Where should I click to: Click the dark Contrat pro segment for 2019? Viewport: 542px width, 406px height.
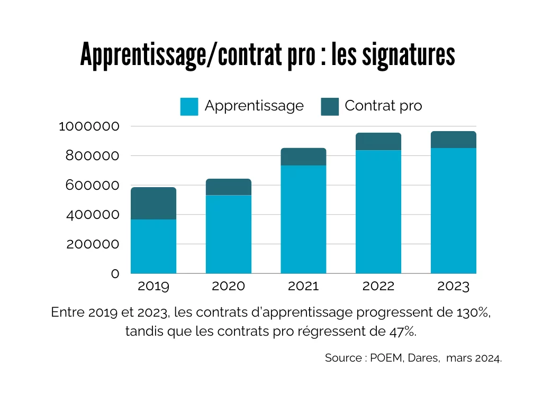153,204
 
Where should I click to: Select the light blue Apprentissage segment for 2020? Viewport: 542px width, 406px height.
229,234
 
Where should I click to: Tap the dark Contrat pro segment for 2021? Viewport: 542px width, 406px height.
303,157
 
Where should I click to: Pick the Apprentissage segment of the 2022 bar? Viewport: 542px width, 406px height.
378,211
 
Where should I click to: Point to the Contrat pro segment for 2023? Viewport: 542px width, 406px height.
454,140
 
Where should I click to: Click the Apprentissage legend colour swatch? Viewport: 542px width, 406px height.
189,106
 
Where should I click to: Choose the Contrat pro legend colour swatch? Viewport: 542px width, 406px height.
330,106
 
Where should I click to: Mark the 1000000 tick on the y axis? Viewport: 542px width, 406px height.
89,126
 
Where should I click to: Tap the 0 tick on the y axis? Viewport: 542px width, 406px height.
115,274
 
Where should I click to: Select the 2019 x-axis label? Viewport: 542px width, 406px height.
153,287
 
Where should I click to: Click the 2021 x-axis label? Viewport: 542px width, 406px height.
303,287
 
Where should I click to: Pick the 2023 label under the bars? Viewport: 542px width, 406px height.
454,287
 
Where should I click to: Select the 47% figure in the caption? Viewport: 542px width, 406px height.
403,332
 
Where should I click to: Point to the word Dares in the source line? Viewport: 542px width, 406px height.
423,358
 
